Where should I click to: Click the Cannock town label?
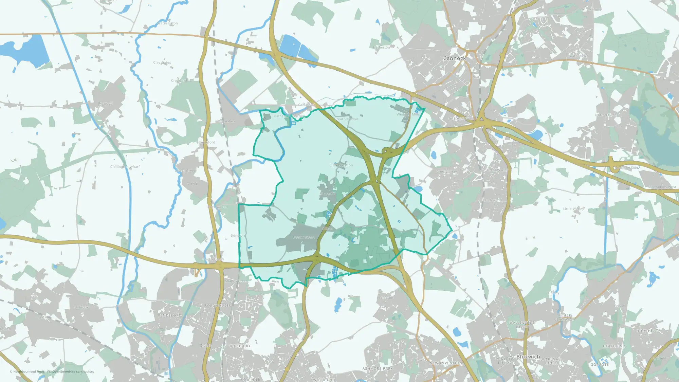coord(454,58)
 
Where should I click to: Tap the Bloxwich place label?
coord(528,357)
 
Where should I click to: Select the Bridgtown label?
coord(460,119)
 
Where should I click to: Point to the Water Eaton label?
coord(167,23)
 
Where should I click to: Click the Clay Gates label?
coord(162,62)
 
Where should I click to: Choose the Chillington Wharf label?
coord(125,167)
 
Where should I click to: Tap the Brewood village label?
coord(105,103)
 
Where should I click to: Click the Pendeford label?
coord(170,315)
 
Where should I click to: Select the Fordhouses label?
coord(218,306)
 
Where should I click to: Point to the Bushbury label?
coord(240,346)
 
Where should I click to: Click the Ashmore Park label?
coord(378,368)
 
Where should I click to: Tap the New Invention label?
coord(446,363)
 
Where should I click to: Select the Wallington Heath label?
coord(522,325)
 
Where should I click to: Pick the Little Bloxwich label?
coord(565,317)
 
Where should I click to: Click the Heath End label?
coord(614,346)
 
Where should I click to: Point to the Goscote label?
coord(600,365)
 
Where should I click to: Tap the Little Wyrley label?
coord(573,209)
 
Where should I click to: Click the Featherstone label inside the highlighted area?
coord(304,238)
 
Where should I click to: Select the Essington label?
coord(385,298)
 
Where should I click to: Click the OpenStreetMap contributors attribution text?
coord(73,371)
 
